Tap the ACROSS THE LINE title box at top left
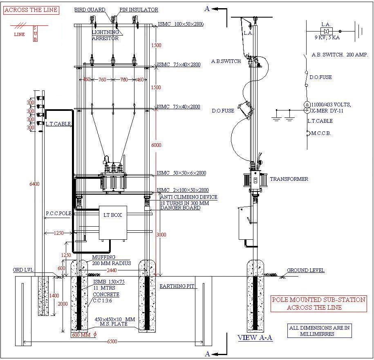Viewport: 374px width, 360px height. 31,10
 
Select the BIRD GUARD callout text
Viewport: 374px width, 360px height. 90,10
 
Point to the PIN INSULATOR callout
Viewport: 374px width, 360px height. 139,10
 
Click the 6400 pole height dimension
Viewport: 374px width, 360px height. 34,184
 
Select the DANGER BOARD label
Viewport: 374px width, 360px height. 180,208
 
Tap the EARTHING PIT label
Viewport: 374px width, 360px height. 177,286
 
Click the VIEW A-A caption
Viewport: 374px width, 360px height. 255,338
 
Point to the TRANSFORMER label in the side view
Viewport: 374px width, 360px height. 289,179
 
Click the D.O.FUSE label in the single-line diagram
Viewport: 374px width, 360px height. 320,77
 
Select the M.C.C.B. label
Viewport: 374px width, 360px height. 321,133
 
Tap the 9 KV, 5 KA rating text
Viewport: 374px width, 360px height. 327,38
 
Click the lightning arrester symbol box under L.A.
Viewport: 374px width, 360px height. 326,31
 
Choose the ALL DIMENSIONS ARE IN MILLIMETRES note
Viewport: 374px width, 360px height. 319,331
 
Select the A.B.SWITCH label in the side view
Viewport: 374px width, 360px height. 226,61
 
